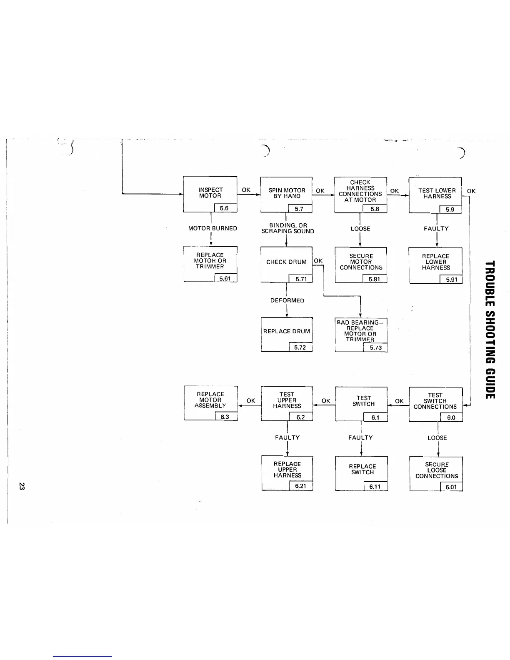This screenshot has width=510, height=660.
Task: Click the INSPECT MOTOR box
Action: point(210,194)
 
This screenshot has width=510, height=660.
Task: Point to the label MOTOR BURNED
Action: point(212,228)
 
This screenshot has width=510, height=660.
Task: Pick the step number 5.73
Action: point(375,348)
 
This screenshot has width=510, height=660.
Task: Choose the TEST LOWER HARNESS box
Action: point(435,194)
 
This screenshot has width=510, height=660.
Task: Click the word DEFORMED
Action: point(287,300)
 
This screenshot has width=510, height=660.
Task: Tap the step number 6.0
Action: point(451,417)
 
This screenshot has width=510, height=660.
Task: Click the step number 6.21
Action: point(300,486)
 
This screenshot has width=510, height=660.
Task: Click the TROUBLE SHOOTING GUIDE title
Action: point(490,329)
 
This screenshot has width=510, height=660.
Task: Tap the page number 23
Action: point(22,486)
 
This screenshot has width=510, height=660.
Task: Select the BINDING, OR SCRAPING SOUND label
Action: point(287,228)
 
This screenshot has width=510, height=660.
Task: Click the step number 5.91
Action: point(451,280)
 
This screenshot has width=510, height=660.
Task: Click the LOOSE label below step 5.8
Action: point(360,229)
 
